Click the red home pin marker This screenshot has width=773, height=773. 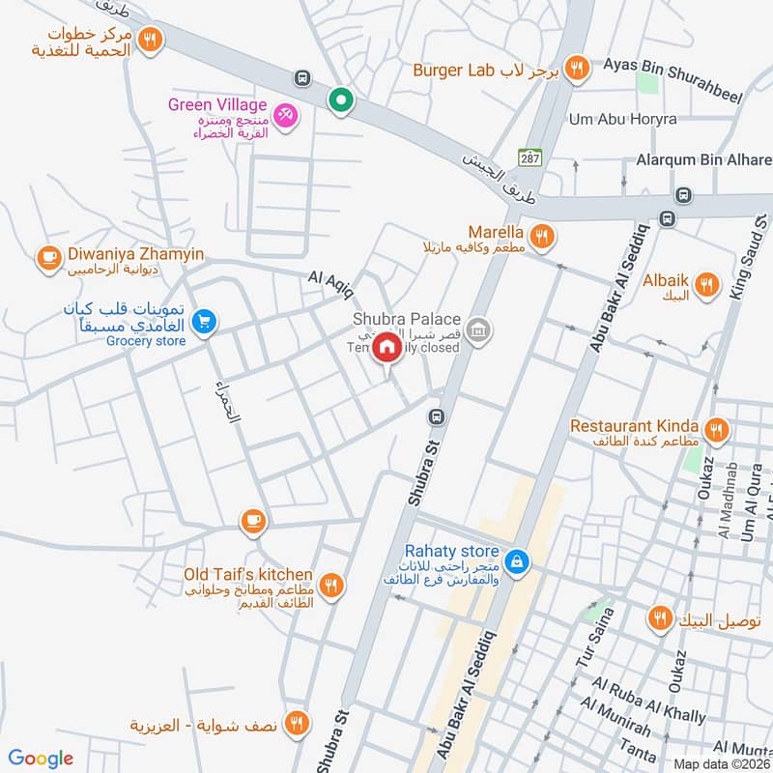pos(386,346)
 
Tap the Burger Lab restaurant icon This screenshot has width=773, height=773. pos(577,67)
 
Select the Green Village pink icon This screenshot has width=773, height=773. pos(285,116)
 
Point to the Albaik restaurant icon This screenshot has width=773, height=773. pos(706,284)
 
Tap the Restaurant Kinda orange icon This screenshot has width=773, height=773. pos(715,428)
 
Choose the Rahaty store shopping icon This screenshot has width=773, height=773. pos(518,559)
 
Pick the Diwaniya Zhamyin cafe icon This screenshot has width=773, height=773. pos(48,257)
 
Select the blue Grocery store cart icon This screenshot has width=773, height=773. pos(203,322)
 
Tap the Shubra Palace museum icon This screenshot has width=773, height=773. pos(475,331)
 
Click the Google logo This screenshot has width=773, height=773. pos(41,759)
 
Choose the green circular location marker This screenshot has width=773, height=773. pos(340,99)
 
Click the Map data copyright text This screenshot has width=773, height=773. pos(721,763)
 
